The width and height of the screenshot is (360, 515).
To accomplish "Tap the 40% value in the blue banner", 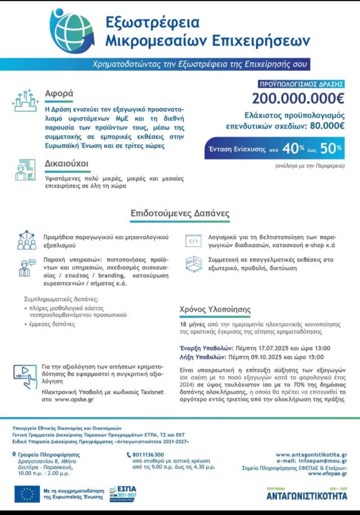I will coord(290,149).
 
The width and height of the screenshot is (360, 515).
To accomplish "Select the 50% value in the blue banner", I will coord(331,149).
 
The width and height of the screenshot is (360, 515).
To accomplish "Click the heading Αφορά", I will coord(59,93).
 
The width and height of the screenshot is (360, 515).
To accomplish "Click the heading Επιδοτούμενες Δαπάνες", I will coord(180,214).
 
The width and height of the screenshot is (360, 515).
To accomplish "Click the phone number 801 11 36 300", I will coord(148,454).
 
